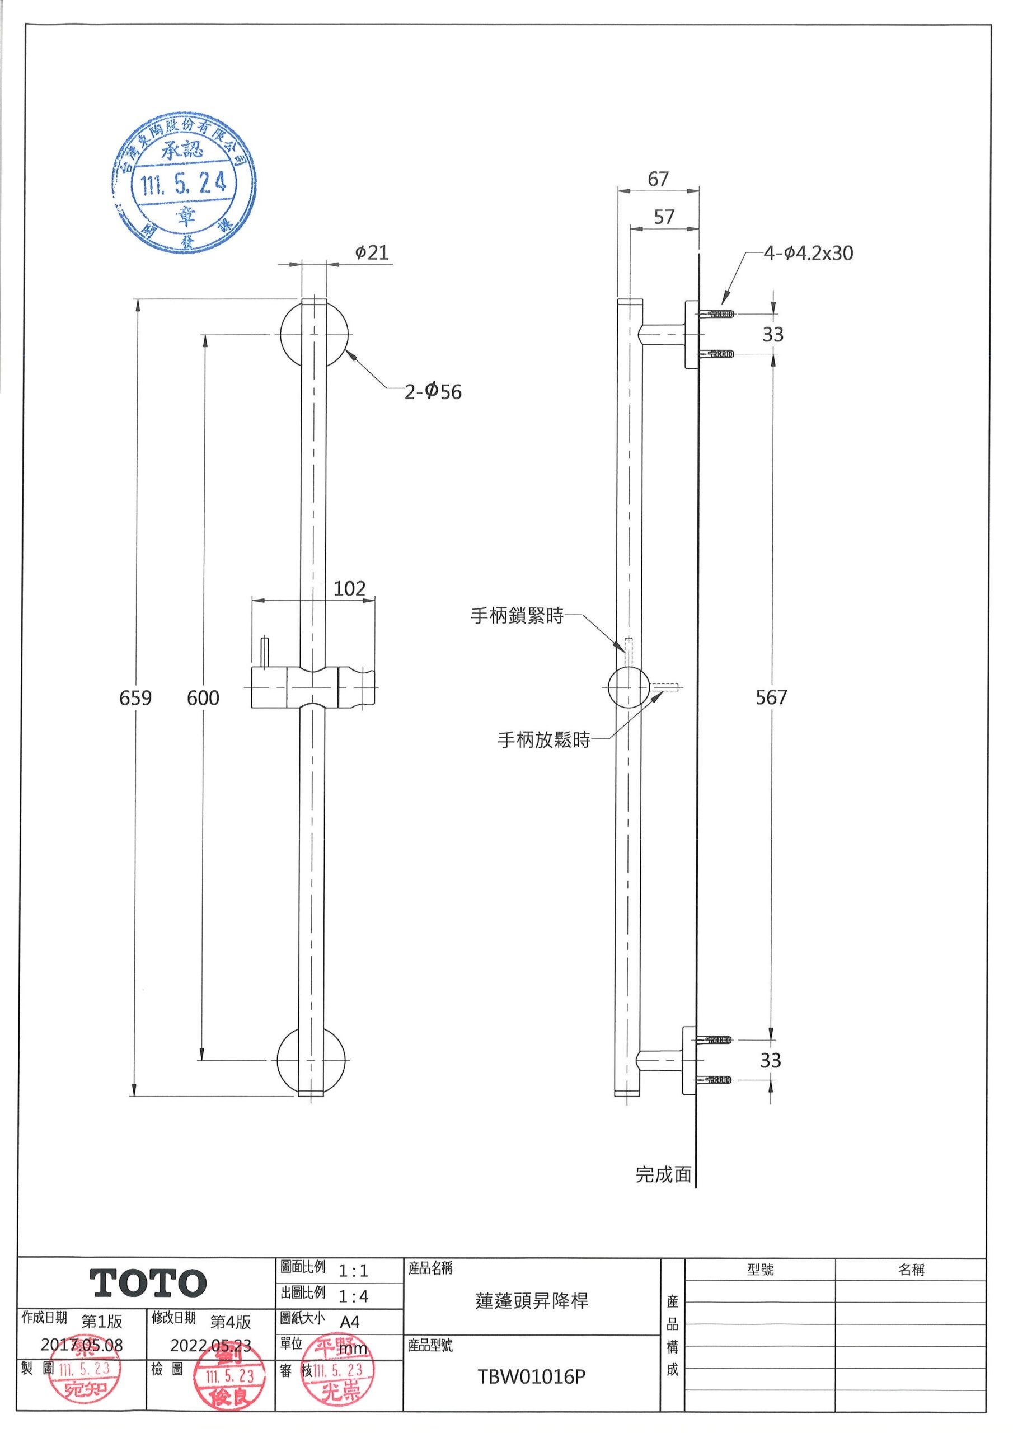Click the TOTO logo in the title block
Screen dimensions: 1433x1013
coord(148,1283)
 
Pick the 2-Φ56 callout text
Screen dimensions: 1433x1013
coord(433,392)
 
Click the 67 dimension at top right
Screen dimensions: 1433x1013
coord(658,179)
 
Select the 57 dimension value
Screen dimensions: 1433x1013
coord(664,217)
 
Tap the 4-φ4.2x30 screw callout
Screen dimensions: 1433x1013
coord(808,254)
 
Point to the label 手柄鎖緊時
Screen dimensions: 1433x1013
coord(517,616)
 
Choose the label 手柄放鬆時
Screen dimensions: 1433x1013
coord(543,740)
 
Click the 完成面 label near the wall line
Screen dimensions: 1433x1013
coord(663,1174)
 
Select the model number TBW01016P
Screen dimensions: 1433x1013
coord(532,1377)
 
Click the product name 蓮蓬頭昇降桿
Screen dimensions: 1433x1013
coord(532,1301)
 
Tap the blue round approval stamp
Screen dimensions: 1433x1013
coord(185,186)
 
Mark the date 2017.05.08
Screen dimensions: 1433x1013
coord(82,1345)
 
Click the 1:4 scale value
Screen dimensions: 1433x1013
coord(353,1296)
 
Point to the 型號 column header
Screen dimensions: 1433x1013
coord(760,1270)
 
